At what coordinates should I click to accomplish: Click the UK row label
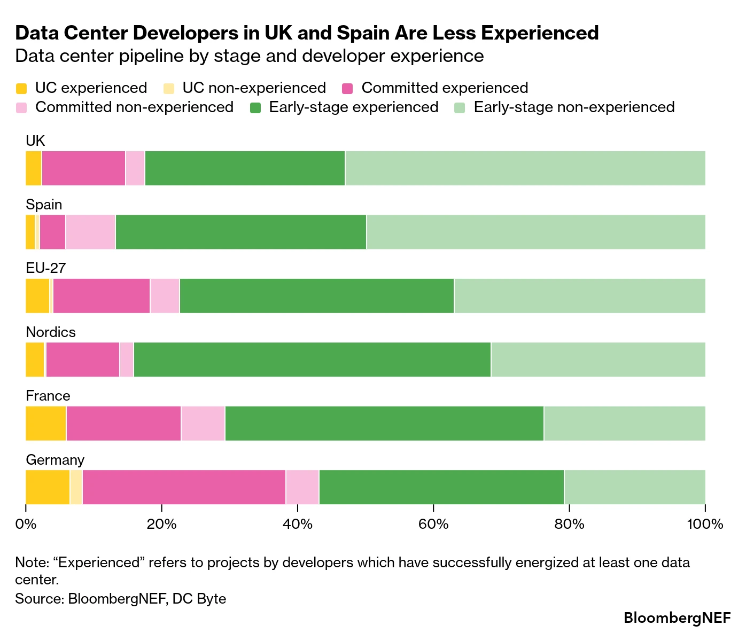35,140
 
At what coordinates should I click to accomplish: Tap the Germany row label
55,460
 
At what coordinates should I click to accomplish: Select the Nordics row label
51,332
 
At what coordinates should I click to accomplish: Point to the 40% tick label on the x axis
298,524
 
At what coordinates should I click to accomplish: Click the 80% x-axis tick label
569,524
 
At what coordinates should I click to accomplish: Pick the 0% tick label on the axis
26,524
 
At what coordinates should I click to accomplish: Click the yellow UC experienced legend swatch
21,88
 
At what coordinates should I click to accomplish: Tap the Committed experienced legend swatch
347,88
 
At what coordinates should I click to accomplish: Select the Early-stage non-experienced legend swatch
460,108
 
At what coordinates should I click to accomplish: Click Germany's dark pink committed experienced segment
184,487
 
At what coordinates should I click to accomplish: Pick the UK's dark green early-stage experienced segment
245,168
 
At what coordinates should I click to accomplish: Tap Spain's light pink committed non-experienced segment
91,232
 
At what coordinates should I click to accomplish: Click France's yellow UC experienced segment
46,424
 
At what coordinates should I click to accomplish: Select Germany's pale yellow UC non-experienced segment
76,487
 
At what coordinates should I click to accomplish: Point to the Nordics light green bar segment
599,359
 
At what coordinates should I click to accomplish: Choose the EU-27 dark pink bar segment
102,296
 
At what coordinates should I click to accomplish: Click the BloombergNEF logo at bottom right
677,618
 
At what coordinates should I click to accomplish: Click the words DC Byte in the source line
199,599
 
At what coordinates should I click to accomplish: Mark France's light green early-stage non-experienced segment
625,424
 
